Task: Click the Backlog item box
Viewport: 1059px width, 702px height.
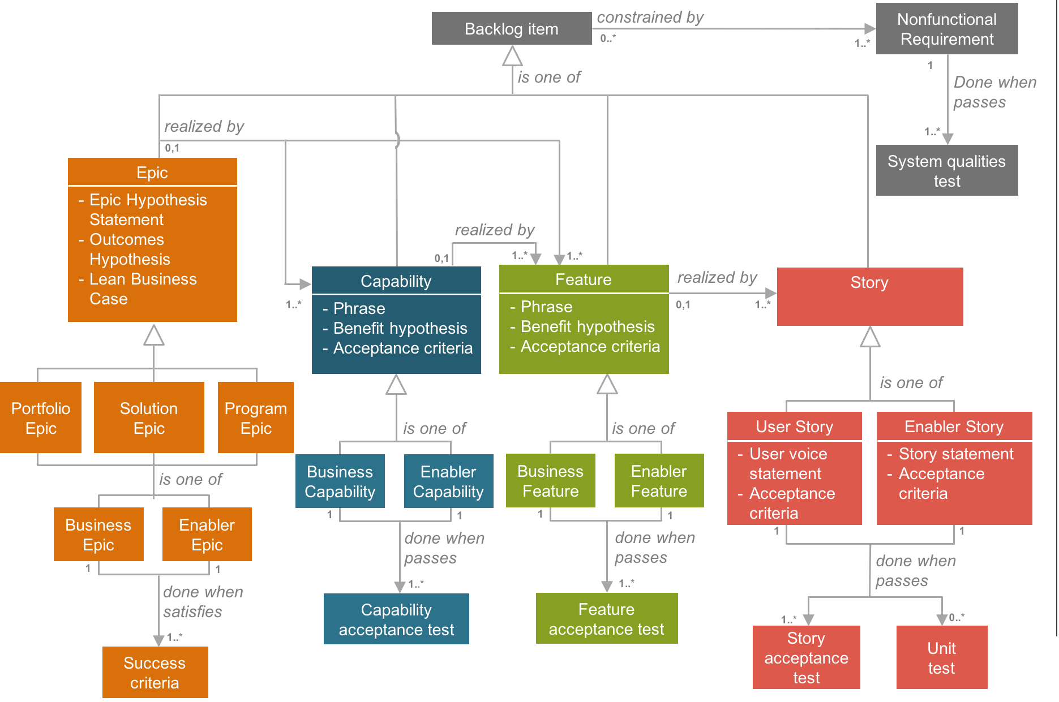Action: (511, 29)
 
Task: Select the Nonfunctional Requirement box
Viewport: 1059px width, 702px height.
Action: (946, 29)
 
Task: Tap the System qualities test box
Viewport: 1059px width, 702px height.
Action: (946, 170)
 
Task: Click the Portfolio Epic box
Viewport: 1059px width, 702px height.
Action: (41, 417)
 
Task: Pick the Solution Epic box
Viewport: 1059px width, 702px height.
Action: (149, 417)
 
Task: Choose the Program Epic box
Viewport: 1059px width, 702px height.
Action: (256, 417)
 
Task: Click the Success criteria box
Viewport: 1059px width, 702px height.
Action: (155, 672)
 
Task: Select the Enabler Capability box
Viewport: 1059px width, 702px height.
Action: (448, 481)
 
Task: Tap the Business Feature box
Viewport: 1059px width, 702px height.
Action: (550, 480)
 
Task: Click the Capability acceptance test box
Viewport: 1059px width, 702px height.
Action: (396, 619)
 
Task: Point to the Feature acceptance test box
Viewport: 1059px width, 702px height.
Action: (606, 618)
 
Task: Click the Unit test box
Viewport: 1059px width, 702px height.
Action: (941, 657)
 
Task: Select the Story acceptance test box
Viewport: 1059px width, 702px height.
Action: (806, 657)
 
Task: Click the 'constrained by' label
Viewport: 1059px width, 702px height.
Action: (650, 18)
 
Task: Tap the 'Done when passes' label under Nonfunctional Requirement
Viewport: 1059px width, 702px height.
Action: (994, 92)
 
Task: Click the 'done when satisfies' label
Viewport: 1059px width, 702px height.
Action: (202, 601)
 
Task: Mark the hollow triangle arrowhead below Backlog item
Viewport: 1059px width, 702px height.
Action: (512, 57)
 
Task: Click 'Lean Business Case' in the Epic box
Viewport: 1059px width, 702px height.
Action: (143, 288)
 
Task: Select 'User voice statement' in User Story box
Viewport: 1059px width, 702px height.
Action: (787, 463)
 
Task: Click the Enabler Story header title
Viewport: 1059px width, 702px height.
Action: (954, 427)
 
